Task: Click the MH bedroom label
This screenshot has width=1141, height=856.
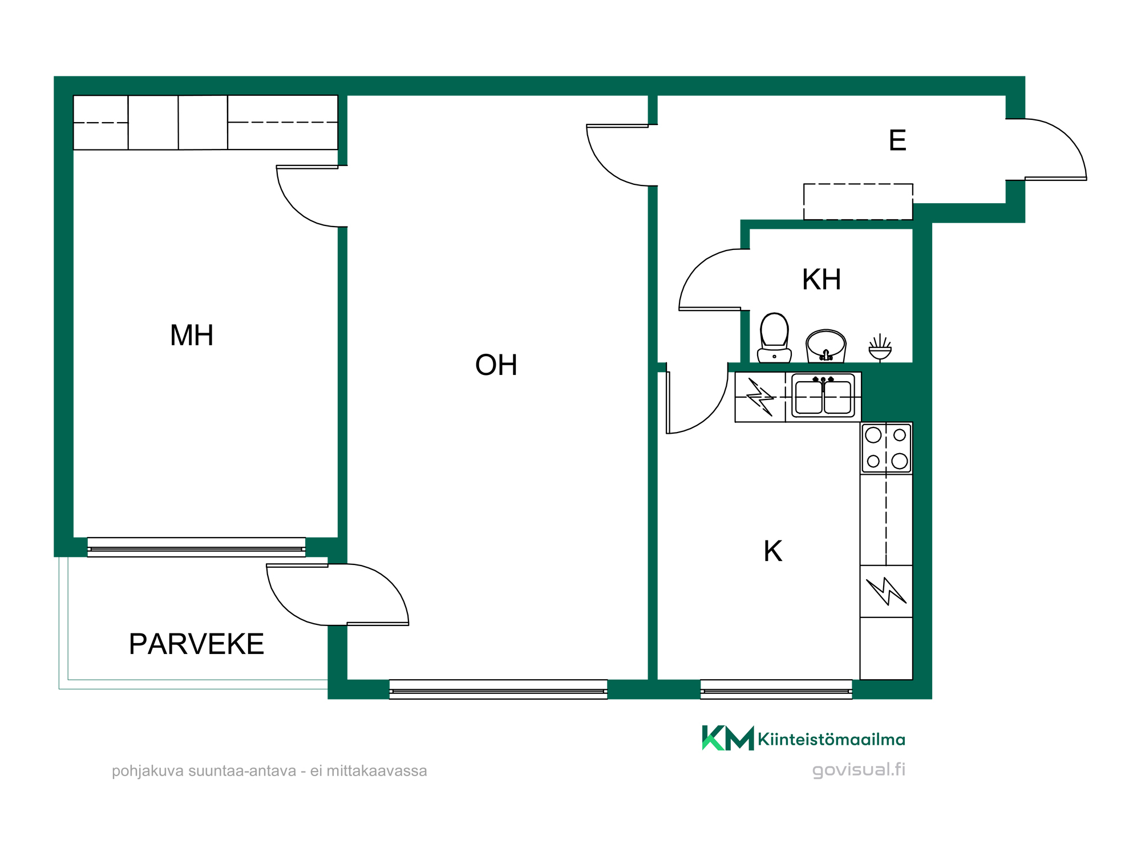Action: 192,336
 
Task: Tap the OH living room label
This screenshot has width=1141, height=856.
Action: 496,365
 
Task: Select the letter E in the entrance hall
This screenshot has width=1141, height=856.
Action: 897,140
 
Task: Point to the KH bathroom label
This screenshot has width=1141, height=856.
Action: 822,280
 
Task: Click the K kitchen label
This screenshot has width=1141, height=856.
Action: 773,551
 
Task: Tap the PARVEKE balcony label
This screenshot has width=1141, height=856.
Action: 196,644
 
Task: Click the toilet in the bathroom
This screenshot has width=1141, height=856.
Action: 774,338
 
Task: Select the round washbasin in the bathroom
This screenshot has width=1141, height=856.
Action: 826,346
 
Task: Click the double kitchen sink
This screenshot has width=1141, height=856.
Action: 823,395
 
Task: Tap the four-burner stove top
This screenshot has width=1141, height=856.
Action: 887,448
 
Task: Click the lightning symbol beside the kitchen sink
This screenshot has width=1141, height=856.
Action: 760,397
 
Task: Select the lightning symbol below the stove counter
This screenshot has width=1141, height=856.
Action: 886,591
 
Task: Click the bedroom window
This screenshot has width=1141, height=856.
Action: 196,547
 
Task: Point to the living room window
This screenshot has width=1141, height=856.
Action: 498,689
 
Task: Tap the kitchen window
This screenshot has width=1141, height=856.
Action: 776,689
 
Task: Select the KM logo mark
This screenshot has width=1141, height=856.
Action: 728,738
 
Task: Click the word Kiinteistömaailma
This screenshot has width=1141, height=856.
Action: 831,740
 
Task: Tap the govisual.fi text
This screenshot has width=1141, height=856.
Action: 859,770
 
